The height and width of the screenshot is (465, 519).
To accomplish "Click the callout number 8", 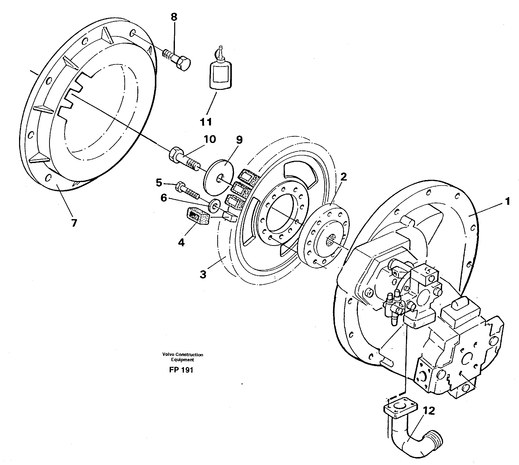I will click(174, 17).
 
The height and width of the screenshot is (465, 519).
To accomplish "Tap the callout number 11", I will click(206, 122).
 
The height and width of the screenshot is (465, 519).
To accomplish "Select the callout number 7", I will click(74, 223).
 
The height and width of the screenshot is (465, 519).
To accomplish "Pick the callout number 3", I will click(203, 275).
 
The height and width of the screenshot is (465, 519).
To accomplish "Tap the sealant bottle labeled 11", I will click(220, 74).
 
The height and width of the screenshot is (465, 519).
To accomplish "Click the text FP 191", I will click(181, 370).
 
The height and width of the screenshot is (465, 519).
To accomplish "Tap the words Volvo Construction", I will click(182, 355).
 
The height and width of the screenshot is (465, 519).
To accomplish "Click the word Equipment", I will click(182, 360).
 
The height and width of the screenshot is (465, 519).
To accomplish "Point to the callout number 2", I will click(343, 177).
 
